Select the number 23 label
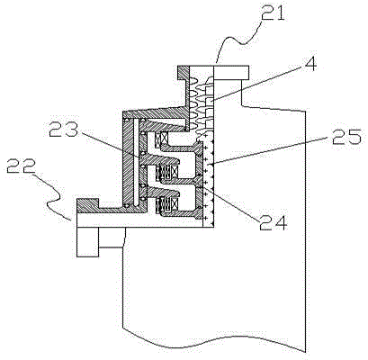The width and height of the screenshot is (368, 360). (63, 130)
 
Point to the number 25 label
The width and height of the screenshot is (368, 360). (347, 136)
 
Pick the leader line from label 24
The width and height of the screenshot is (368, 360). (231, 202)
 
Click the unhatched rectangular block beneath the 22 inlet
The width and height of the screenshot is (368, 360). (87, 242)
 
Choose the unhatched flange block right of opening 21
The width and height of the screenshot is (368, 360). (231, 73)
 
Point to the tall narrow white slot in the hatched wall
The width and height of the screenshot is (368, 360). (137, 162)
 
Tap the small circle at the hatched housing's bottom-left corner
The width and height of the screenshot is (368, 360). (127, 206)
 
